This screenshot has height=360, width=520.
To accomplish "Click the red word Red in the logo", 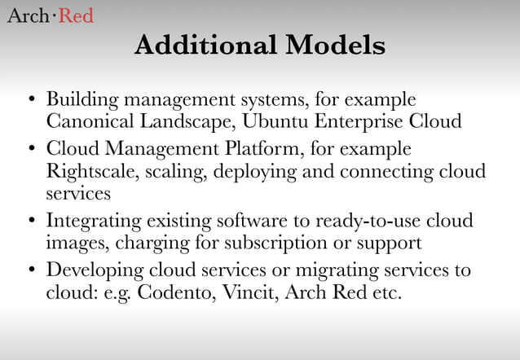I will tap(73, 15).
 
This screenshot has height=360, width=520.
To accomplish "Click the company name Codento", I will tap(170, 292).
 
